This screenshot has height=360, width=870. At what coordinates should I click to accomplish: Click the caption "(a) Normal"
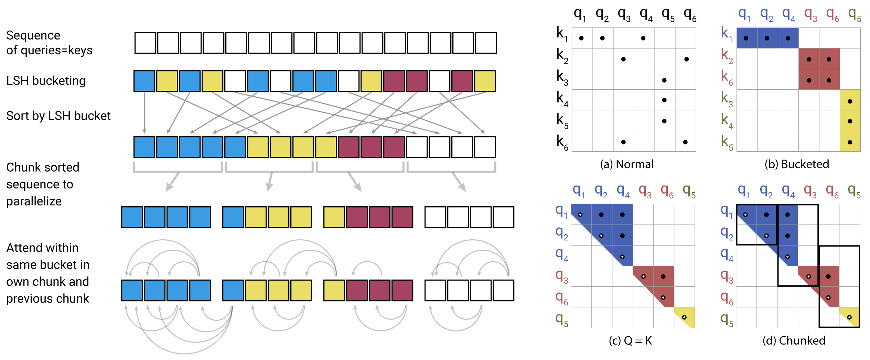[x=626, y=164]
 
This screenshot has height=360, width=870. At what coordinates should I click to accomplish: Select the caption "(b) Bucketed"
[x=796, y=164]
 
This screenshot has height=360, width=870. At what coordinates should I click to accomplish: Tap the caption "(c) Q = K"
[x=630, y=341]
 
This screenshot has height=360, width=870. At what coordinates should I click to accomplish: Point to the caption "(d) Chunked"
[x=794, y=341]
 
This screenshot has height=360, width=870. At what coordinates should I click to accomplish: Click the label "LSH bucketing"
[x=46, y=81]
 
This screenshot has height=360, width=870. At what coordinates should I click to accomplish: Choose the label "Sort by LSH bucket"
[x=58, y=116]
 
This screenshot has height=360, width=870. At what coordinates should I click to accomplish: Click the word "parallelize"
[x=34, y=201]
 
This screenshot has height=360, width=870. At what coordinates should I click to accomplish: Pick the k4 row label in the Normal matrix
[x=562, y=99]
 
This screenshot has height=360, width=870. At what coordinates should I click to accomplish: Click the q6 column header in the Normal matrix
[x=690, y=15]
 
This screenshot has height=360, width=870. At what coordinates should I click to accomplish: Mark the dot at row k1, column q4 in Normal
[x=643, y=38]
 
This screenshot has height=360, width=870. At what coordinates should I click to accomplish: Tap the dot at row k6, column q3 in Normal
[x=623, y=142]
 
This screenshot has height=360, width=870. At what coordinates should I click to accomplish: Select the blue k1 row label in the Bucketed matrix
[x=727, y=34]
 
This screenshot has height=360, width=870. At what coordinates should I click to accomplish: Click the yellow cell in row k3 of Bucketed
[x=850, y=100]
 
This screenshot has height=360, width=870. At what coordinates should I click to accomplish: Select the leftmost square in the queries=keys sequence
[x=145, y=43]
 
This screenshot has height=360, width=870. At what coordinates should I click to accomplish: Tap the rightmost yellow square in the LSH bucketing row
[x=485, y=81]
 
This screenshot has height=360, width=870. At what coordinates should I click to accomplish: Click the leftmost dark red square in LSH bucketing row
[x=394, y=81]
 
